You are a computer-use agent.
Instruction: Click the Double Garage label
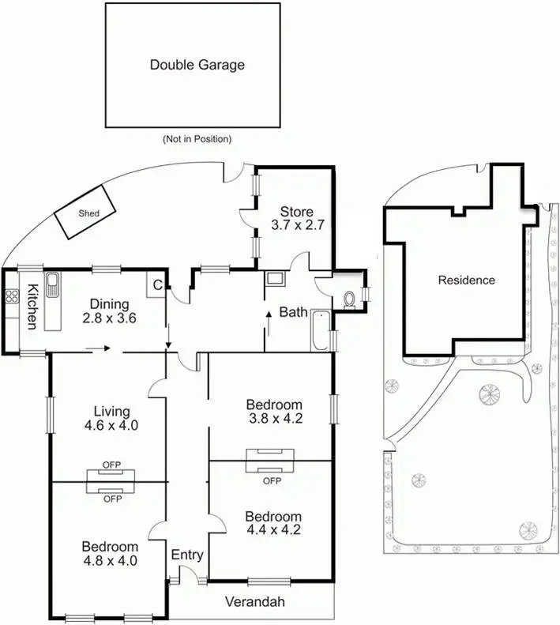click(x=197, y=65)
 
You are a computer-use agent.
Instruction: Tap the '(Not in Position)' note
click(x=197, y=139)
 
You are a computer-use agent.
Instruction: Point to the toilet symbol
click(x=350, y=298)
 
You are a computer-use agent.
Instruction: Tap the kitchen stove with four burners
click(x=12, y=297)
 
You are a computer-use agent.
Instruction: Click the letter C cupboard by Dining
click(x=157, y=285)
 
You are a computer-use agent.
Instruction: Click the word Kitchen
click(x=32, y=306)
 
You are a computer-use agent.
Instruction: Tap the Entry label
click(x=187, y=555)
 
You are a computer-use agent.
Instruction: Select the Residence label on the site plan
click(x=467, y=280)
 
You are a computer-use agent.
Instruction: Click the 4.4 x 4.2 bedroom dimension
click(x=272, y=530)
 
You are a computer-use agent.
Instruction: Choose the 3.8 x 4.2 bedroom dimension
click(x=272, y=420)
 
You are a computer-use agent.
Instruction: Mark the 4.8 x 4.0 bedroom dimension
click(x=110, y=561)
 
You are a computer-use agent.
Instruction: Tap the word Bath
click(x=293, y=312)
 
